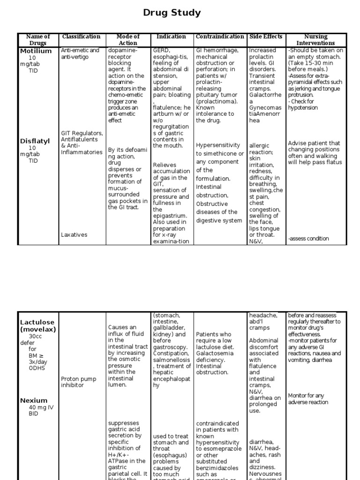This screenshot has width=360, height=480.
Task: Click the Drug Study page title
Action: pyautogui.click(x=172, y=13)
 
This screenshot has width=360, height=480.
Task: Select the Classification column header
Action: pyautogui.click(x=81, y=37)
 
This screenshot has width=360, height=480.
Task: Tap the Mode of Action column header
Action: pyautogui.click(x=128, y=40)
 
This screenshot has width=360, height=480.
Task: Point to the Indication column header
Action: pyautogui.click(x=172, y=37)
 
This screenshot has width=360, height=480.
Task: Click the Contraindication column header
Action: pyautogui.click(x=220, y=37)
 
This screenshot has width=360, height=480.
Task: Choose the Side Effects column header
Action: pyautogui.click(x=266, y=37)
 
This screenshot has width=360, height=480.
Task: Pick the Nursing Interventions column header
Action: pyautogui.click(x=316, y=40)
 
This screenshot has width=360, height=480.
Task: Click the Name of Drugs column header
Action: pyautogui.click(x=38, y=40)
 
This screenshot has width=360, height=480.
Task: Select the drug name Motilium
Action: pyautogui.click(x=36, y=51)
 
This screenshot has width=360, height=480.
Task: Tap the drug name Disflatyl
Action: pyautogui.click(x=35, y=141)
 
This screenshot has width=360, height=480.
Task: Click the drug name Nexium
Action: pyautogui.click(x=34, y=400)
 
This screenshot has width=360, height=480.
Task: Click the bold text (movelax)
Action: pyautogui.click(x=38, y=329)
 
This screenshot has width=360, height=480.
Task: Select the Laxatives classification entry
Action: pyautogui.click(x=74, y=235)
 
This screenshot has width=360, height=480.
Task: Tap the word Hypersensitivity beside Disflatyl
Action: pyautogui.click(x=218, y=145)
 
